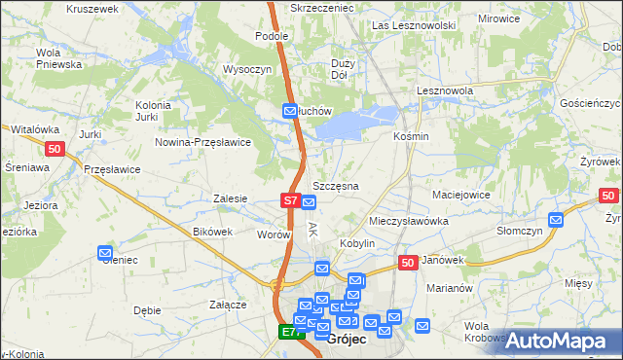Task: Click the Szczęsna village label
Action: coord(336,185)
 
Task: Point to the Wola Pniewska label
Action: coord(58,58)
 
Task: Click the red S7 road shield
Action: coord(290,200)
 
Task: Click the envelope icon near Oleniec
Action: coord(105,254)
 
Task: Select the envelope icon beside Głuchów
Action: coord(290,112)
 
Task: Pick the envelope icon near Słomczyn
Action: coord(555,220)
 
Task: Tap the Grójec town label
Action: coord(347,340)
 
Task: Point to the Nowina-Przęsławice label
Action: coord(203,142)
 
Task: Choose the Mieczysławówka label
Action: coord(409,221)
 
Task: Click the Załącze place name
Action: coord(227,305)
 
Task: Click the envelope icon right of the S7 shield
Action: coord(309,202)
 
